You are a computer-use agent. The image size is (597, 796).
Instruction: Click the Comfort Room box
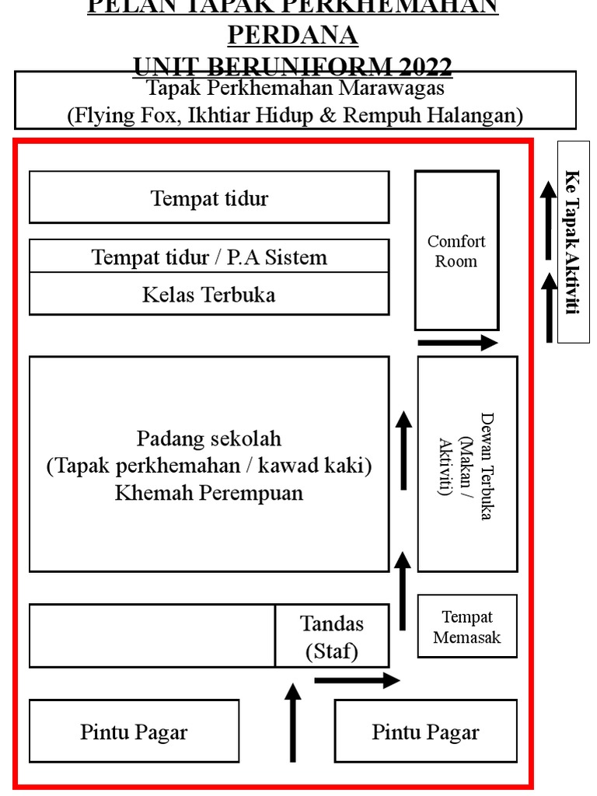click(x=456, y=250)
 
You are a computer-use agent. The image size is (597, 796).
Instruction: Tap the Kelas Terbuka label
click(x=208, y=295)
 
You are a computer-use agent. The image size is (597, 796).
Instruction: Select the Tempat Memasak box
click(x=467, y=627)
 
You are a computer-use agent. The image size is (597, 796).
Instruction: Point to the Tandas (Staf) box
click(x=332, y=637)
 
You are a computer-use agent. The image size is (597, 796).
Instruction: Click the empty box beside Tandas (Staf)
click(x=152, y=636)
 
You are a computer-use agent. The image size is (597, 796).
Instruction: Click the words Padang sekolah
click(x=209, y=438)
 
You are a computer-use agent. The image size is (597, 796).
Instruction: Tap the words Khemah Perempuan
click(x=209, y=493)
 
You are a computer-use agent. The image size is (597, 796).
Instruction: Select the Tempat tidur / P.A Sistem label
click(x=209, y=257)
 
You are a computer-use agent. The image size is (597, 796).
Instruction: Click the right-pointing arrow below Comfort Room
click(x=457, y=342)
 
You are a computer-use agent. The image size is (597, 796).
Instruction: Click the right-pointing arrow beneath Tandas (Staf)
click(x=357, y=681)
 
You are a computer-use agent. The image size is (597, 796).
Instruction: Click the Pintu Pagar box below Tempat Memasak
click(x=425, y=731)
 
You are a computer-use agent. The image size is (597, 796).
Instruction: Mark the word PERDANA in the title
click(x=292, y=35)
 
